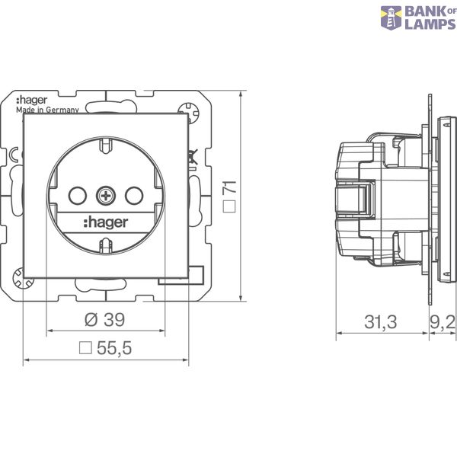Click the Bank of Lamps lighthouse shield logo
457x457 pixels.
pyautogui.click(x=391, y=18)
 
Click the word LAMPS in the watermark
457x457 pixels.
pyautogui.click(x=430, y=24)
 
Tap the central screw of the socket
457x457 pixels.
pyautogui.click(x=106, y=196)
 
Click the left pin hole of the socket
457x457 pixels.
pyautogui.click(x=78, y=196)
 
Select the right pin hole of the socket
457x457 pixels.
pyautogui.click(x=134, y=196)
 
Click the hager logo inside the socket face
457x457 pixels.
pyautogui.click(x=106, y=222)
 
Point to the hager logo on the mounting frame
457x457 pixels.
pyautogui.click(x=31, y=101)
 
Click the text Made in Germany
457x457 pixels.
pyautogui.click(x=47, y=110)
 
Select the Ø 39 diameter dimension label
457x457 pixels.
pyautogui.click(x=104, y=319)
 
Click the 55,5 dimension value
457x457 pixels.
pyautogui.click(x=114, y=348)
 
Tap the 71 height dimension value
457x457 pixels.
pyautogui.click(x=229, y=187)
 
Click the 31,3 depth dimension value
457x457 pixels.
pyautogui.click(x=381, y=322)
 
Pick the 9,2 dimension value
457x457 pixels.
pyautogui.click(x=443, y=322)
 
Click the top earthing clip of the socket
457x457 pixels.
pyautogui.click(x=106, y=145)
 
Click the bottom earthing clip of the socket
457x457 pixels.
pyautogui.click(x=106, y=245)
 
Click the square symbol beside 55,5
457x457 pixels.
pyautogui.click(x=85, y=348)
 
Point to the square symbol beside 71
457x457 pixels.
pyautogui.click(x=229, y=206)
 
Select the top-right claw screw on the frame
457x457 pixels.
pyautogui.click(x=189, y=111)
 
